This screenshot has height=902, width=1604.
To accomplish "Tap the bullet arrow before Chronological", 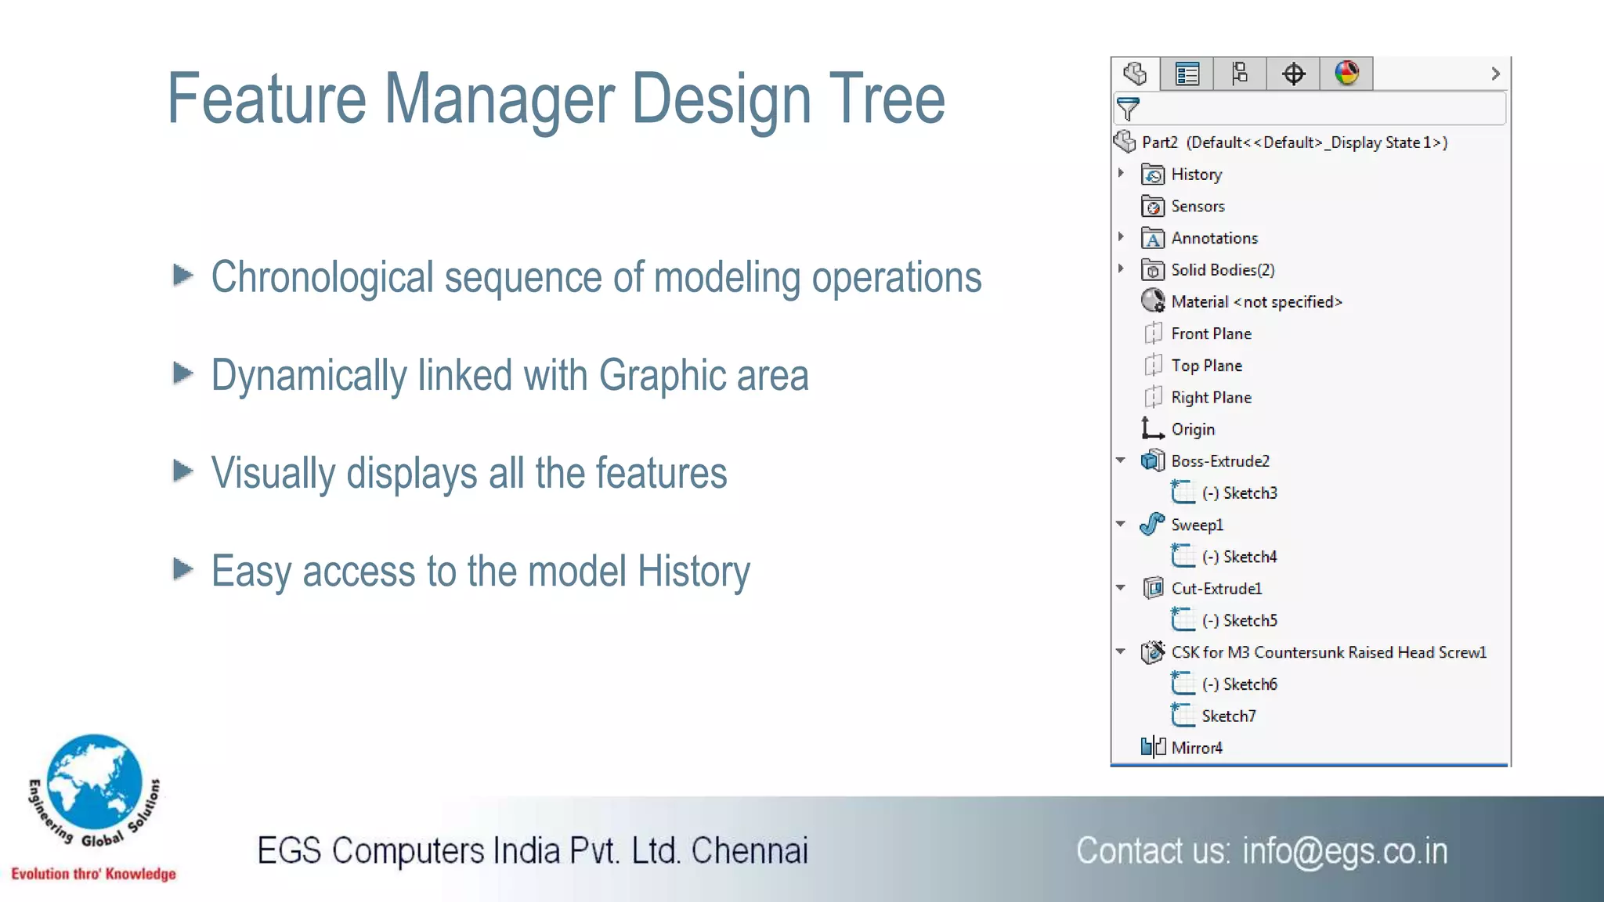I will tap(182, 275).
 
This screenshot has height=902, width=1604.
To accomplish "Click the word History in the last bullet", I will tap(693, 571).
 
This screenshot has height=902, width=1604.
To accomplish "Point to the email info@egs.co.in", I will tap(1344, 851).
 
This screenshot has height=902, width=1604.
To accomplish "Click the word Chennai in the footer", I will tap(749, 851).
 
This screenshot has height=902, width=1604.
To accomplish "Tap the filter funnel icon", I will tap(1128, 109).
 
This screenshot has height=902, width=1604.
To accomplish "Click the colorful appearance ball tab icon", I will tap(1346, 74).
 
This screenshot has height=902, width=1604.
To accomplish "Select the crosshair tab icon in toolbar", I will tap(1293, 74).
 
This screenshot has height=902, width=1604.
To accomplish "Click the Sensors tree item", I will tap(1197, 207).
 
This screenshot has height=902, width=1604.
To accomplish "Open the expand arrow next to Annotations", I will tap(1121, 236).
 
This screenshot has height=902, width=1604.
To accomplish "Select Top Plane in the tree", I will tap(1206, 366).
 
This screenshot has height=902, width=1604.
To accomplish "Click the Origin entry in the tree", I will tap(1192, 430).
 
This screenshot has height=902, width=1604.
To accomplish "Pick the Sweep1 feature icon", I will tap(1152, 524).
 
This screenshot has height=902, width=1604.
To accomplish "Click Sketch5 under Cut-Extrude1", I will tap(1249, 621).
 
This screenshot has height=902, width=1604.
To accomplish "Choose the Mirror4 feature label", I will tap(1196, 748).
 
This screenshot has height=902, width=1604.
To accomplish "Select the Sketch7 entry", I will tap(1228, 716).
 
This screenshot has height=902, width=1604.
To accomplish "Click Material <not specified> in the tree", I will tap(1256, 302).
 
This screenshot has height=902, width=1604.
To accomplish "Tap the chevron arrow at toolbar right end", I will tap(1495, 74).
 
